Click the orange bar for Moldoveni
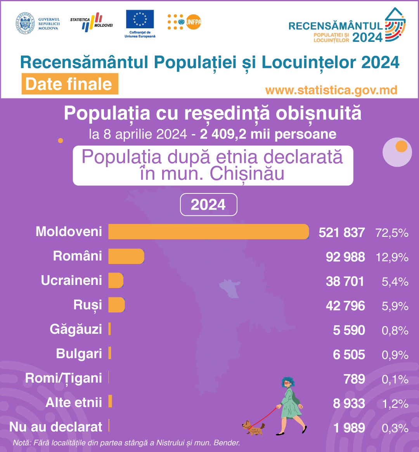(208, 232)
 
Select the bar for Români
(126, 256)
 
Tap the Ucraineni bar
(116, 280)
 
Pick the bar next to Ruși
(116, 305)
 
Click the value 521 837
(341, 233)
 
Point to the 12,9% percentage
(392, 257)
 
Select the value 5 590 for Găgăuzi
(349, 330)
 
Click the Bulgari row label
(79, 354)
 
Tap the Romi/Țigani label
(64, 378)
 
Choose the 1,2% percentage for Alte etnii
(395, 404)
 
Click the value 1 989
(349, 428)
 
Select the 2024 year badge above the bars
(208, 205)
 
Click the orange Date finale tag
(69, 84)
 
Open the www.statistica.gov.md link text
(331, 90)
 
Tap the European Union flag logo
(140, 19)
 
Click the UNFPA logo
(185, 22)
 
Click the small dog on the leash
(253, 427)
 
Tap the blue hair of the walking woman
(287, 382)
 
